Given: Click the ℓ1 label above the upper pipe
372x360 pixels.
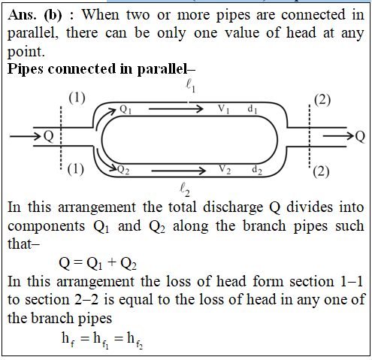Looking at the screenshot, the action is click(x=190, y=86).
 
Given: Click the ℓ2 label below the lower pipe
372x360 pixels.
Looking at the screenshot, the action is click(x=185, y=189).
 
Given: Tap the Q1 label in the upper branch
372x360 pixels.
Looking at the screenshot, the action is click(x=125, y=110).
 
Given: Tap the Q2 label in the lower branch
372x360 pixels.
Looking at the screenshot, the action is click(x=123, y=170).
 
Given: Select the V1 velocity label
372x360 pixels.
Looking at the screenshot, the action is click(x=224, y=109).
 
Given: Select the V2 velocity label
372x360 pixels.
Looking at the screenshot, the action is click(x=225, y=169).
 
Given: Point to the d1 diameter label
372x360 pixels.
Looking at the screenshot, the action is click(x=253, y=109).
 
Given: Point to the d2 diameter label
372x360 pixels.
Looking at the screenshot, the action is click(x=257, y=170).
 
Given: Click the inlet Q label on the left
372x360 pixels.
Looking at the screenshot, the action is click(x=49, y=137).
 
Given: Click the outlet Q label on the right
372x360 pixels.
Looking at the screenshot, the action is click(x=360, y=137).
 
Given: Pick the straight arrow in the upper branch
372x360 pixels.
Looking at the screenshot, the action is click(x=176, y=109).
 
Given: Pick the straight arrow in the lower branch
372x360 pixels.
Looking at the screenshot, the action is click(x=178, y=171).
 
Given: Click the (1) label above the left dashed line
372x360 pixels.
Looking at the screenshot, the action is click(x=77, y=98).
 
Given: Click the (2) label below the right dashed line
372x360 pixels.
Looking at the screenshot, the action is click(x=321, y=172).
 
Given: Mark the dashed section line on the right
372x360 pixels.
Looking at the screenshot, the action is click(x=310, y=136).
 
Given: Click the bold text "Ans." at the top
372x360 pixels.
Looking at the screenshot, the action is click(x=22, y=15).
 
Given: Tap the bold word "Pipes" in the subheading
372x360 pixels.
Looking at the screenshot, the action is click(x=26, y=69).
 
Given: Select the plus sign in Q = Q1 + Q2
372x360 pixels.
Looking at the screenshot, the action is click(x=112, y=262).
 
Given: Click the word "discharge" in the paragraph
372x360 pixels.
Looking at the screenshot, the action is click(x=233, y=208).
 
